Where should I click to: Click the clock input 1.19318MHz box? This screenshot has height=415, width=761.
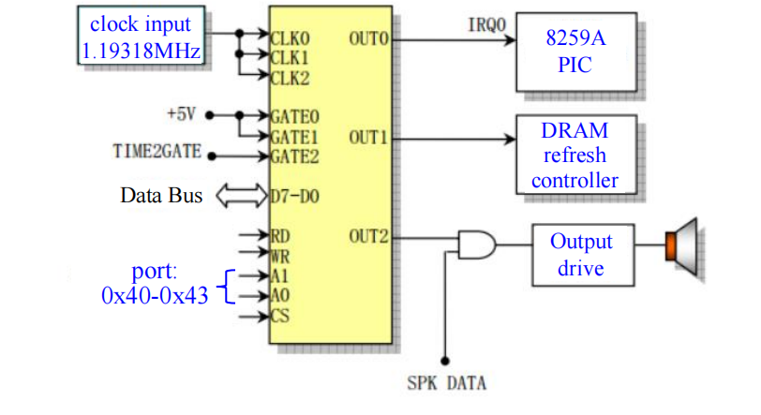click(x=141, y=37)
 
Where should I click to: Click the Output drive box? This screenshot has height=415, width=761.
click(x=580, y=254)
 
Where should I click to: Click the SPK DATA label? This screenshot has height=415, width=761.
click(x=447, y=383)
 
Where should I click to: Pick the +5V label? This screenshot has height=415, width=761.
click(x=183, y=114)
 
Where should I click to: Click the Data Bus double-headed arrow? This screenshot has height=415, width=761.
click(x=242, y=197)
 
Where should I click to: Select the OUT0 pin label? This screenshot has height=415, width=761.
click(x=368, y=39)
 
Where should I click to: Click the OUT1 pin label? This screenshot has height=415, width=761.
click(x=368, y=138)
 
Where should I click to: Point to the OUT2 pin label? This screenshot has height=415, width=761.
click(x=368, y=235)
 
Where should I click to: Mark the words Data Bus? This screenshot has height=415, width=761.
click(x=161, y=197)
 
